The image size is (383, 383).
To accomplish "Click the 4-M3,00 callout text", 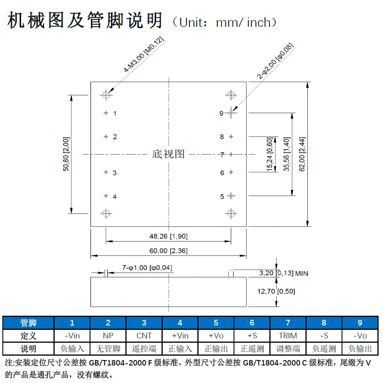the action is coord(144,54).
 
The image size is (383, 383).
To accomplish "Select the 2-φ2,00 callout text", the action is coord(275,61).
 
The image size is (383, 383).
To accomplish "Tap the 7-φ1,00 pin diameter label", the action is coord(147,268).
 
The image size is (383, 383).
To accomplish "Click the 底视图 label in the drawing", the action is coord(168,154).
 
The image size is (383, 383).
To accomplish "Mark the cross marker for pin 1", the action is coord(106,113).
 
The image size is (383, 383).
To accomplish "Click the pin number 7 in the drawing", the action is coord(222,155).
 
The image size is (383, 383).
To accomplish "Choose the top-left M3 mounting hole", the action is coord(106,95).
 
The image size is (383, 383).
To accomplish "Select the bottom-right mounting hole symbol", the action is coord(231,214).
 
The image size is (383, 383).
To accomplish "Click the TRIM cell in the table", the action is coord(288,336).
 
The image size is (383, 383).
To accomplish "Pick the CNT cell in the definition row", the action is coord(144,336).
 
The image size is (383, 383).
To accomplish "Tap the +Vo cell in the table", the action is coord(216,336).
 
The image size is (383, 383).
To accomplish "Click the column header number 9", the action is coord(360,323).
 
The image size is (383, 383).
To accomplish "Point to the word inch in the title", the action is coord(259,23).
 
